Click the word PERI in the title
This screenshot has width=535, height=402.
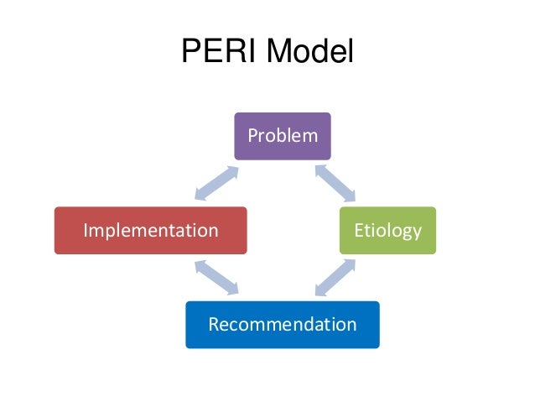tap(217, 53)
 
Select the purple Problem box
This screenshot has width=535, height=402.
tap(283, 136)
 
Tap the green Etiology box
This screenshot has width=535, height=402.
tap(387, 230)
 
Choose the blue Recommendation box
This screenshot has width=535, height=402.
tap(283, 324)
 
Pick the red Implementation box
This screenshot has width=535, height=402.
tap(150, 230)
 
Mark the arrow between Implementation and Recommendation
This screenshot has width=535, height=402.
tap(216, 277)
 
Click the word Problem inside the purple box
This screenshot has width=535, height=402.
tap(283, 136)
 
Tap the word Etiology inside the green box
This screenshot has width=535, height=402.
tap(387, 230)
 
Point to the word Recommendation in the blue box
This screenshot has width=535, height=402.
tap(283, 324)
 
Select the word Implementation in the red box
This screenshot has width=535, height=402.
tap(150, 230)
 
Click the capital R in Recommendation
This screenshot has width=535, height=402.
tap(213, 324)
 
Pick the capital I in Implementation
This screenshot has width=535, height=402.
tap(85, 230)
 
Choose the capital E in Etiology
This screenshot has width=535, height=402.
tap(358, 230)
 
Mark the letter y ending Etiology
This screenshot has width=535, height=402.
tap(416, 232)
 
